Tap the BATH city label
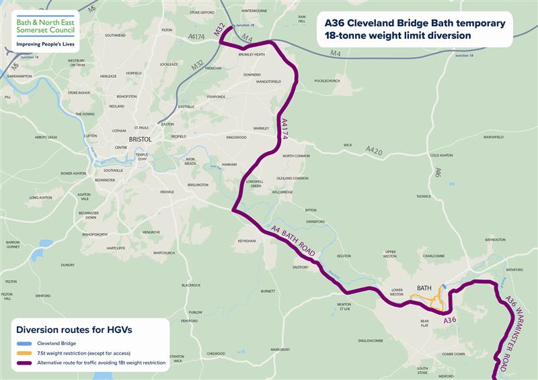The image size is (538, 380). point(424,287)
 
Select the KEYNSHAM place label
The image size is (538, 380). point(247,240)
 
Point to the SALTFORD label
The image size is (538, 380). point(300,267)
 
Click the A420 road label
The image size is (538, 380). point(374,152)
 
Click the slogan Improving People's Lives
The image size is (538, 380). point(46,46)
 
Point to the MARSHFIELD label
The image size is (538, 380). point(493,137)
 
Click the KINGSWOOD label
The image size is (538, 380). point(236,137)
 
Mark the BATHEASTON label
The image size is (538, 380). point(494,240)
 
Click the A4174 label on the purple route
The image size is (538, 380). point(282,128)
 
